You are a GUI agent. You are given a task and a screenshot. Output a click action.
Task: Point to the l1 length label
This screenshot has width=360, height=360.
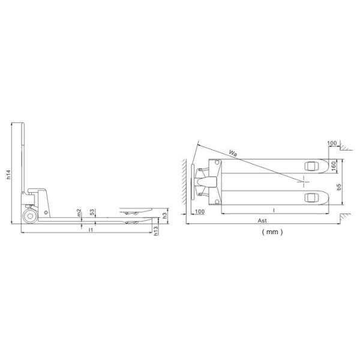pyautogui.click(x=90, y=230)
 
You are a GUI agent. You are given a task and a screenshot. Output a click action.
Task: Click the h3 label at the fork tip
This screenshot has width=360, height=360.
pyautogui.click(x=164, y=215)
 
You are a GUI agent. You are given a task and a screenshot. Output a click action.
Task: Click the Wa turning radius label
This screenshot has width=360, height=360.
pyautogui.click(x=233, y=154)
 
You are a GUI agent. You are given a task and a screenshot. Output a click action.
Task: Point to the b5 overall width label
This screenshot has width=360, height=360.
pyautogui.click(x=340, y=188)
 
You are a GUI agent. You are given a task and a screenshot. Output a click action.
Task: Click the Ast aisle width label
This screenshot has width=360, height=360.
pyautogui.click(x=262, y=221)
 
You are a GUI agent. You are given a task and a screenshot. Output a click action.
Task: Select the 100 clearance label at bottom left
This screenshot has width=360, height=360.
pyautogui.click(x=199, y=212)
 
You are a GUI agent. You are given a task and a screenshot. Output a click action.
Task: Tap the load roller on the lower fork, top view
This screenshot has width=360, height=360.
pyautogui.click(x=311, y=197)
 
